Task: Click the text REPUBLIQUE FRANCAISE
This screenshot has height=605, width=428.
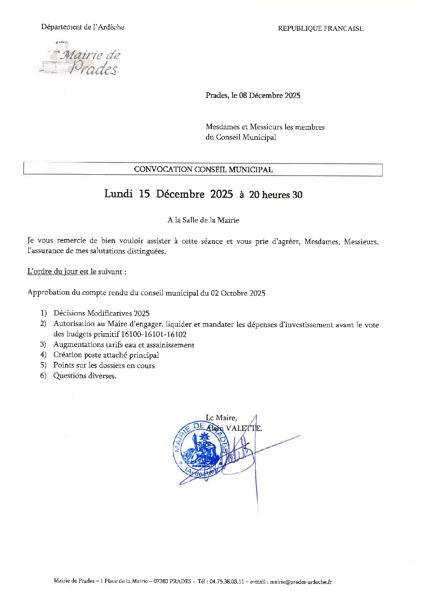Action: (320, 28)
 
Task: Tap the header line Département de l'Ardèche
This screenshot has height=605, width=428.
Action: (83, 27)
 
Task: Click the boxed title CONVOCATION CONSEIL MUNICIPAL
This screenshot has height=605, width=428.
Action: (203, 169)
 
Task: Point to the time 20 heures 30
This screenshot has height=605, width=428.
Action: (275, 195)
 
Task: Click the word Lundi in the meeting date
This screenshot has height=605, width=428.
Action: (119, 194)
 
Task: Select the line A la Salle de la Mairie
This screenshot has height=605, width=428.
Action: (203, 220)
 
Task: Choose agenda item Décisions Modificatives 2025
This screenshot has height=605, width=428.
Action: (101, 313)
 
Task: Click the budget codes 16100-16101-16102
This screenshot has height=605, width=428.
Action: (154, 334)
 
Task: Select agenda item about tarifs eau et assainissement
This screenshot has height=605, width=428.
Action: (124, 345)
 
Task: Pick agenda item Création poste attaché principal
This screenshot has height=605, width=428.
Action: (106, 355)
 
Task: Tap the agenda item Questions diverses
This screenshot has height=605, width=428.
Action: (85, 376)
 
